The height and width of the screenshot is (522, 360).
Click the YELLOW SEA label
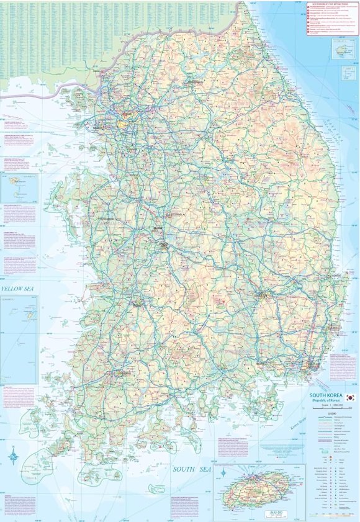point(19,289)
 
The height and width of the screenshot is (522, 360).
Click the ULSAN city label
point(336,327)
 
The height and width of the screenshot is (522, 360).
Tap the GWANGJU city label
point(118,374)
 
